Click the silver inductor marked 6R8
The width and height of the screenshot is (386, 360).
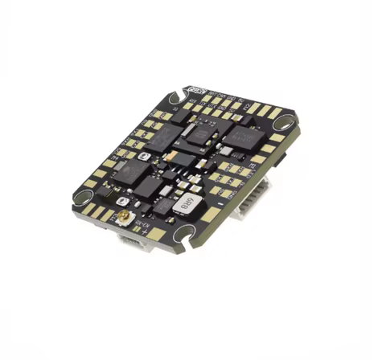coord(183,203)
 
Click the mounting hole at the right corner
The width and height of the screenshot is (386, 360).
coord(286,126)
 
